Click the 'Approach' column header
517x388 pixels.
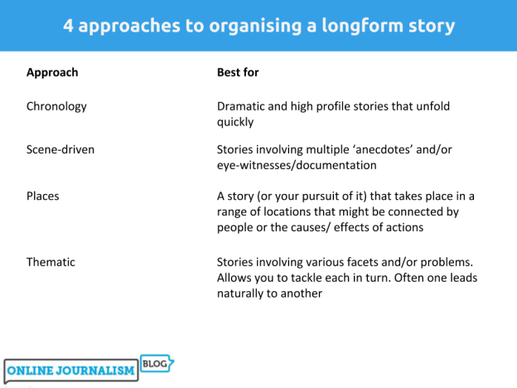click(52, 72)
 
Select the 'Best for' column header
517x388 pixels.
click(238, 72)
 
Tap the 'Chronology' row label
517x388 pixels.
click(56, 106)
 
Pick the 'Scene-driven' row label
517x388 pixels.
click(60, 149)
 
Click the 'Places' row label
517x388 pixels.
click(43, 196)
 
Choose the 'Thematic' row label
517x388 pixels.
click(51, 262)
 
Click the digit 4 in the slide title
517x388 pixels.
click(69, 25)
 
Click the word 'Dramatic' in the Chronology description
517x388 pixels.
click(242, 106)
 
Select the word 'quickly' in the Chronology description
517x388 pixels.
click(234, 122)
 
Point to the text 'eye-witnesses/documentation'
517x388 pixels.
click(297, 165)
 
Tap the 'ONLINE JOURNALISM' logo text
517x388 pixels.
click(71, 371)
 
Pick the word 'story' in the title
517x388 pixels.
click(431, 25)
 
